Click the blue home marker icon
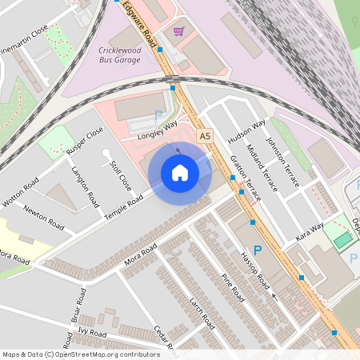180,173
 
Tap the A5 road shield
205,136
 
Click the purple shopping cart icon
178,32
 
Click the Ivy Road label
92,331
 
